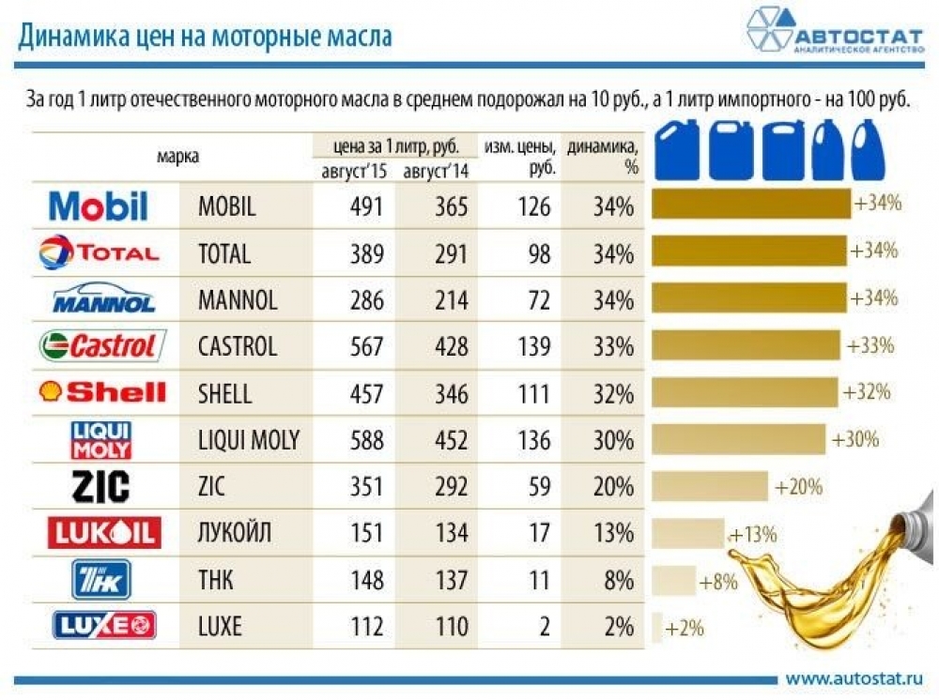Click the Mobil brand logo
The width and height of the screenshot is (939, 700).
[98, 205]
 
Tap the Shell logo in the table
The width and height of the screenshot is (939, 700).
[101, 392]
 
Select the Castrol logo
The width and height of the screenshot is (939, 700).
[102, 345]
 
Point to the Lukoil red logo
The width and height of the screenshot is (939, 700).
[104, 532]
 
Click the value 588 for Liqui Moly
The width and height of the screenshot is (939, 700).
[365, 440]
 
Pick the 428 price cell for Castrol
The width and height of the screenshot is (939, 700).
[451, 346]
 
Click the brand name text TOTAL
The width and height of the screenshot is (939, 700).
[224, 253]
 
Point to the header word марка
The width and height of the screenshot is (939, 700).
[177, 157]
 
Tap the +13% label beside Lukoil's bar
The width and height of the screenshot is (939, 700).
[753, 535]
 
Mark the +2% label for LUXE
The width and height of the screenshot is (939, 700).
[685, 628]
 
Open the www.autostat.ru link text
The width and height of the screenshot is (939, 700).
[854, 678]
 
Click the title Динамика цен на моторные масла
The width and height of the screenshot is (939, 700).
[206, 37]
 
